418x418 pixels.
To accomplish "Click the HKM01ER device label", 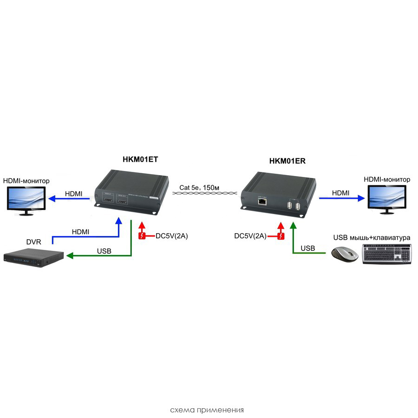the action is (287, 161).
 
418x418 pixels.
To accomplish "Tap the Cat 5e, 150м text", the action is (199, 188).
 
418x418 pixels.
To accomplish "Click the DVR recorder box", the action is (33, 258).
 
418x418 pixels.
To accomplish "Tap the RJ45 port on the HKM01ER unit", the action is (262, 202).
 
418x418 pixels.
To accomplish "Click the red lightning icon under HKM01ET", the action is (143, 236).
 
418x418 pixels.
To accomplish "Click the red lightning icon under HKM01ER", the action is (280, 236).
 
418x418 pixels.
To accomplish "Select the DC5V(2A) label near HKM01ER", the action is (250, 236).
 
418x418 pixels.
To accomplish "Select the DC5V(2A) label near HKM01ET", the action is (171, 236).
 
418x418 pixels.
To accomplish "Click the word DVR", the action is (33, 242).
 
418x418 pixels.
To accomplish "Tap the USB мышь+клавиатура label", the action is (372, 237).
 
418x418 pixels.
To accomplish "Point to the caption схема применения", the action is (207, 410).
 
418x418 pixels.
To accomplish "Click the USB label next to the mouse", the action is (307, 248).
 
